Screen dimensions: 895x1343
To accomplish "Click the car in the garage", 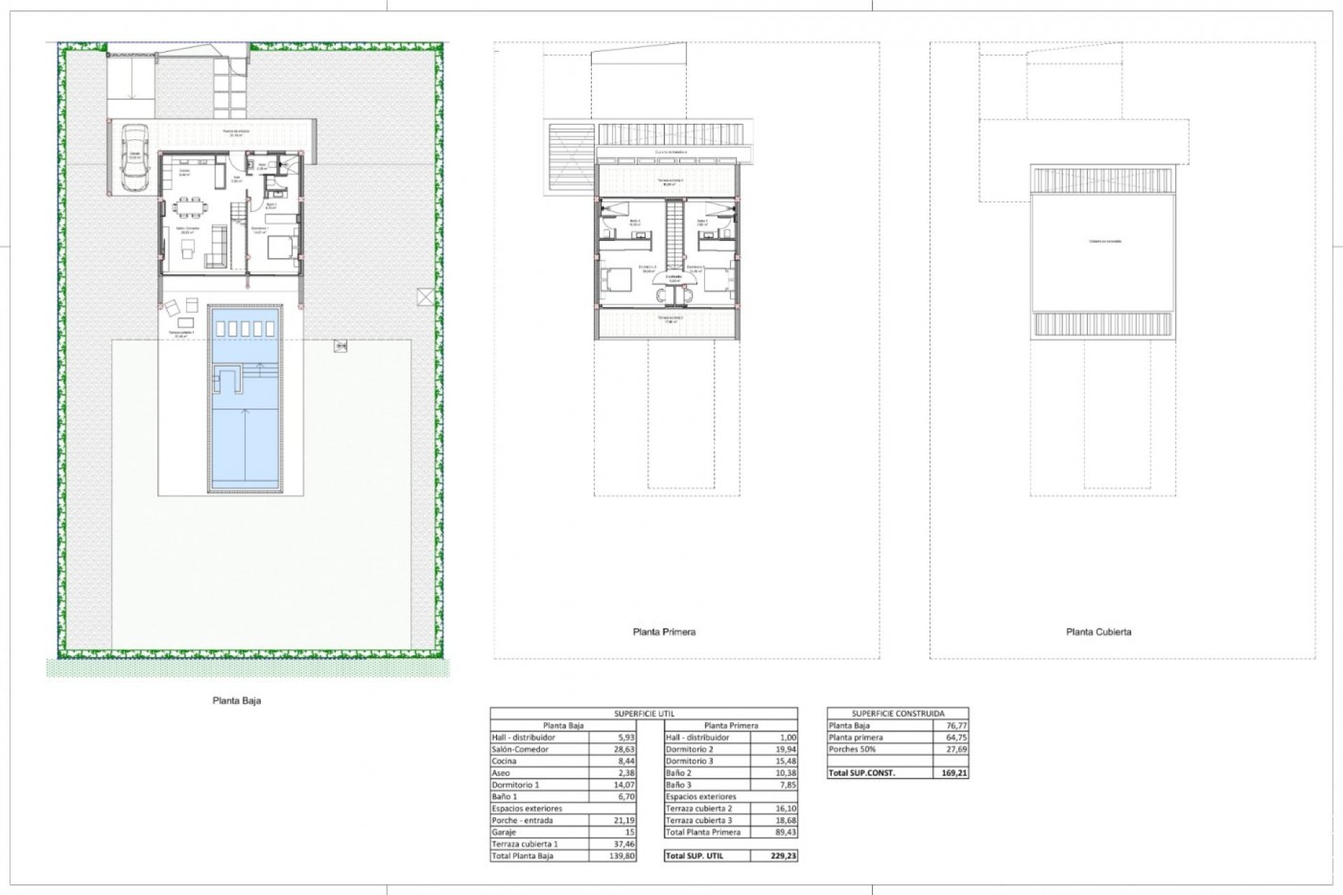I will [134, 157].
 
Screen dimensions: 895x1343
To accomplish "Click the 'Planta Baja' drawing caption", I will [236, 701].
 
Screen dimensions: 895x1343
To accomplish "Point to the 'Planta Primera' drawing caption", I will [664, 632].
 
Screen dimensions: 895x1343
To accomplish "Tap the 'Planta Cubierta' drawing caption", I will [1098, 632].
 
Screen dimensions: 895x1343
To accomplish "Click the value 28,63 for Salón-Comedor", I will [624, 750].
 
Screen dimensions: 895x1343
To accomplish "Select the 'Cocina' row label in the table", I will [504, 761].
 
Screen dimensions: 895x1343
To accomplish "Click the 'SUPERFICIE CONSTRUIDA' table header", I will [897, 714].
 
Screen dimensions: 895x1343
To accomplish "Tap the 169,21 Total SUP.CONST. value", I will [955, 773].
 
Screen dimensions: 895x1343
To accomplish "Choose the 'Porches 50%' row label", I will [852, 750].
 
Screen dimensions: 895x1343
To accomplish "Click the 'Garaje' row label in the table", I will [504, 832].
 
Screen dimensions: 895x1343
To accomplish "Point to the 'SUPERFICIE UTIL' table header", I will [644, 714].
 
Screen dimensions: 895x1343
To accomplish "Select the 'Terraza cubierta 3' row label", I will [699, 820].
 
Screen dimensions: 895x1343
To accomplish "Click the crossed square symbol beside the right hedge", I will [425, 297].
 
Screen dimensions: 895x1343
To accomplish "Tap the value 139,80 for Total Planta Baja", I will [622, 856].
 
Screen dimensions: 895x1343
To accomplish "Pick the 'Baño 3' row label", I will [678, 785].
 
